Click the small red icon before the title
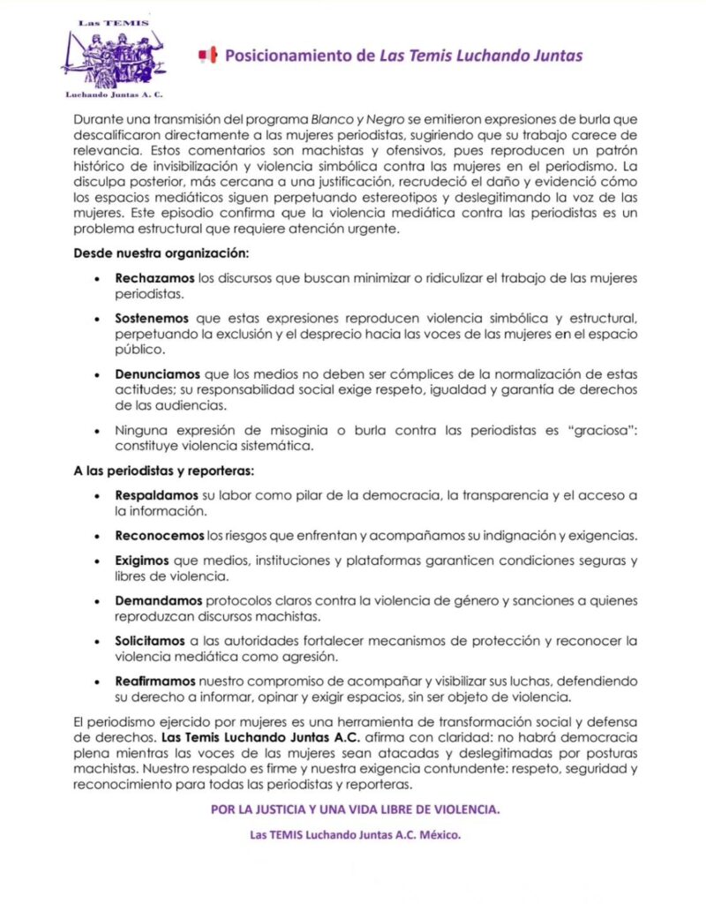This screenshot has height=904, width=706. point(208,56)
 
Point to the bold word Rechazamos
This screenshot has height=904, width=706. point(154,279)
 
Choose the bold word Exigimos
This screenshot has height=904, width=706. point(141,561)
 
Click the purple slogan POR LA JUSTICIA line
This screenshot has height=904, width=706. point(356,810)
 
